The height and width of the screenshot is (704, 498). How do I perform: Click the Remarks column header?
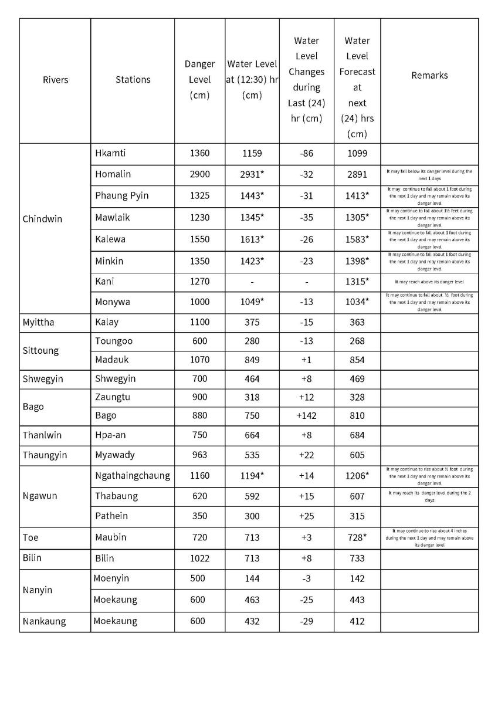tap(429, 75)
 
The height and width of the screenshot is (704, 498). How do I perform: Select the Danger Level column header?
tap(199, 80)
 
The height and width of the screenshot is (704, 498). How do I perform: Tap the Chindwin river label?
tap(42, 219)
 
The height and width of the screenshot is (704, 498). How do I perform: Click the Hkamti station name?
tap(110, 154)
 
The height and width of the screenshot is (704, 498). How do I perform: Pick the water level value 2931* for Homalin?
tap(252, 174)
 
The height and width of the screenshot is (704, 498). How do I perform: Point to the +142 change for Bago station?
tap(306, 415)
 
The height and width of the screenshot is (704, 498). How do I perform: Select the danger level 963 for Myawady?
tap(199, 455)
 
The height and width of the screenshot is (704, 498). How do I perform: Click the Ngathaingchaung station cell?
tap(133, 476)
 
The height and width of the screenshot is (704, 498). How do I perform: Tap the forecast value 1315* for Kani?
tap(357, 282)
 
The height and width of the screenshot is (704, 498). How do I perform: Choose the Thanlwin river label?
tap(42, 435)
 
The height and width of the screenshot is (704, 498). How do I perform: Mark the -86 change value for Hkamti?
tap(306, 154)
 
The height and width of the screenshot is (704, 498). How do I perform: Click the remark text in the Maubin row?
tap(429, 537)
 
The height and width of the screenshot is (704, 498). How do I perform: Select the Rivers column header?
tap(55, 80)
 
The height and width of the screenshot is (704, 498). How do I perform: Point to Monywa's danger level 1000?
tap(199, 302)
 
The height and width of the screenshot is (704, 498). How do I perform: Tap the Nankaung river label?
tap(45, 621)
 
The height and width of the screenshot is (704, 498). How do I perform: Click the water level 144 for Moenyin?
tap(252, 578)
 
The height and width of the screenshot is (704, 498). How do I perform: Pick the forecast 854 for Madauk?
tap(357, 360)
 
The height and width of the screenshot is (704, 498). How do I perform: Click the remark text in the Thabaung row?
tap(429, 496)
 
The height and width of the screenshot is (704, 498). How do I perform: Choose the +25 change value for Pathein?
tap(306, 516)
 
